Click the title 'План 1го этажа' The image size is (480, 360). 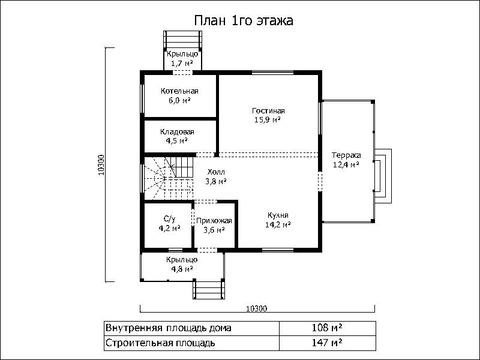pos(244,21)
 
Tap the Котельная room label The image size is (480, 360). pos(179,91)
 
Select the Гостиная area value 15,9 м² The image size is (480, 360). pos(268,119)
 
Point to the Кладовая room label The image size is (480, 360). pos(177,132)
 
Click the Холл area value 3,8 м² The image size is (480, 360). pos(216,181)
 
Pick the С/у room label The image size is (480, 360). pos(170,218)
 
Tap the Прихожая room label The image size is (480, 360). pos(214,221)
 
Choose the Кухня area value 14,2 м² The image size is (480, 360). pos(278,225)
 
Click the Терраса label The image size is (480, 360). pos(346,155)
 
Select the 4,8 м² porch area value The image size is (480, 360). pos(182,269)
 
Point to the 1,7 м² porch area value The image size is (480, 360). pos(182,64)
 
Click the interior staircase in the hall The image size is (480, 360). pos(169,178)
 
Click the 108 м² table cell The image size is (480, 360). pos(327,328)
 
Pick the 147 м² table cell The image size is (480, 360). pos(327,343)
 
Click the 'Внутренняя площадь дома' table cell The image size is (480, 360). pos(191,328)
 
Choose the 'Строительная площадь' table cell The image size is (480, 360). pos(191,343)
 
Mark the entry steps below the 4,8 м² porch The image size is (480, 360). pos(209,289)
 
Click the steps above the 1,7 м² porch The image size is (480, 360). pos(183,40)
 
